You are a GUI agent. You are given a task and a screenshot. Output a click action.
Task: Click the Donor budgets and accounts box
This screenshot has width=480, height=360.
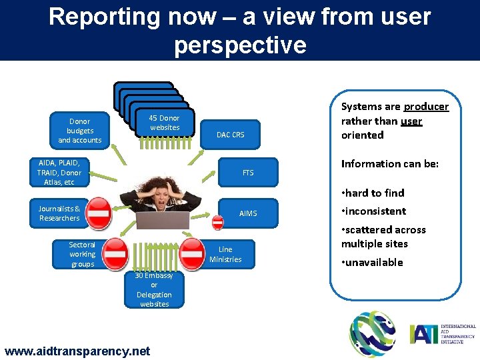(79, 131)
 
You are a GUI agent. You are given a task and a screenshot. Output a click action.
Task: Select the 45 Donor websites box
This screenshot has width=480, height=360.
(164, 123)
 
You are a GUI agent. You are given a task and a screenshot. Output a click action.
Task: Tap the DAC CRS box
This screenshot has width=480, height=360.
(230, 135)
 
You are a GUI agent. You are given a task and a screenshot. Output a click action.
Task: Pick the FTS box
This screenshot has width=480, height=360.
(247, 173)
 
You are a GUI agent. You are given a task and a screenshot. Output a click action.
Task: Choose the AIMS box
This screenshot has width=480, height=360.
(247, 213)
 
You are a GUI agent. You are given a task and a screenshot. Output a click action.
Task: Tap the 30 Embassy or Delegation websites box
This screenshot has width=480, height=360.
(153, 290)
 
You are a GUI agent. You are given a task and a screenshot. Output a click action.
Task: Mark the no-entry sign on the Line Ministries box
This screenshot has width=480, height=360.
(192, 254)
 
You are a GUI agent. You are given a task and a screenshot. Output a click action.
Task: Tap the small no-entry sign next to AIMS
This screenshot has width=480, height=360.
(217, 223)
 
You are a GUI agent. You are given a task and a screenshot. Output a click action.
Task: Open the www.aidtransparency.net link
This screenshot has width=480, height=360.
(77, 351)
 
